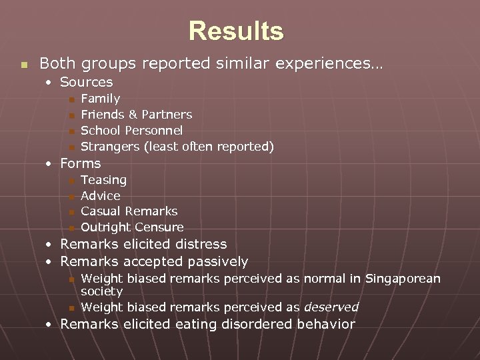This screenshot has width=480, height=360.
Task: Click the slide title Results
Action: click(236, 31)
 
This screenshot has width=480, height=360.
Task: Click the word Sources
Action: click(87, 82)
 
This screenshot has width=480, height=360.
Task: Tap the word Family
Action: click(100, 99)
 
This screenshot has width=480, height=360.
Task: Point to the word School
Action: click(101, 131)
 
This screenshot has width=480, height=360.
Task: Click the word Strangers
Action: click(110, 147)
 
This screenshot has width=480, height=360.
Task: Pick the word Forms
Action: click(81, 163)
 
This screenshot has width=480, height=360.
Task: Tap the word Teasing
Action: click(103, 180)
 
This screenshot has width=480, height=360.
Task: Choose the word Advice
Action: click(101, 196)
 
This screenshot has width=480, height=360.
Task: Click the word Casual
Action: click(101, 211)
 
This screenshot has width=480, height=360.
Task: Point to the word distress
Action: click(200, 245)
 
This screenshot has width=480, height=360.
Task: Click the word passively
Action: click(217, 262)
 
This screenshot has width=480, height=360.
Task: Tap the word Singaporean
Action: click(403, 279)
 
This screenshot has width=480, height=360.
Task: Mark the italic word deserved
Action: click(331, 307)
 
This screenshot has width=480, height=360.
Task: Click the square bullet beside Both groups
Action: click(24, 65)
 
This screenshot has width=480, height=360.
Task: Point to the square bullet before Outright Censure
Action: click(71, 229)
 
